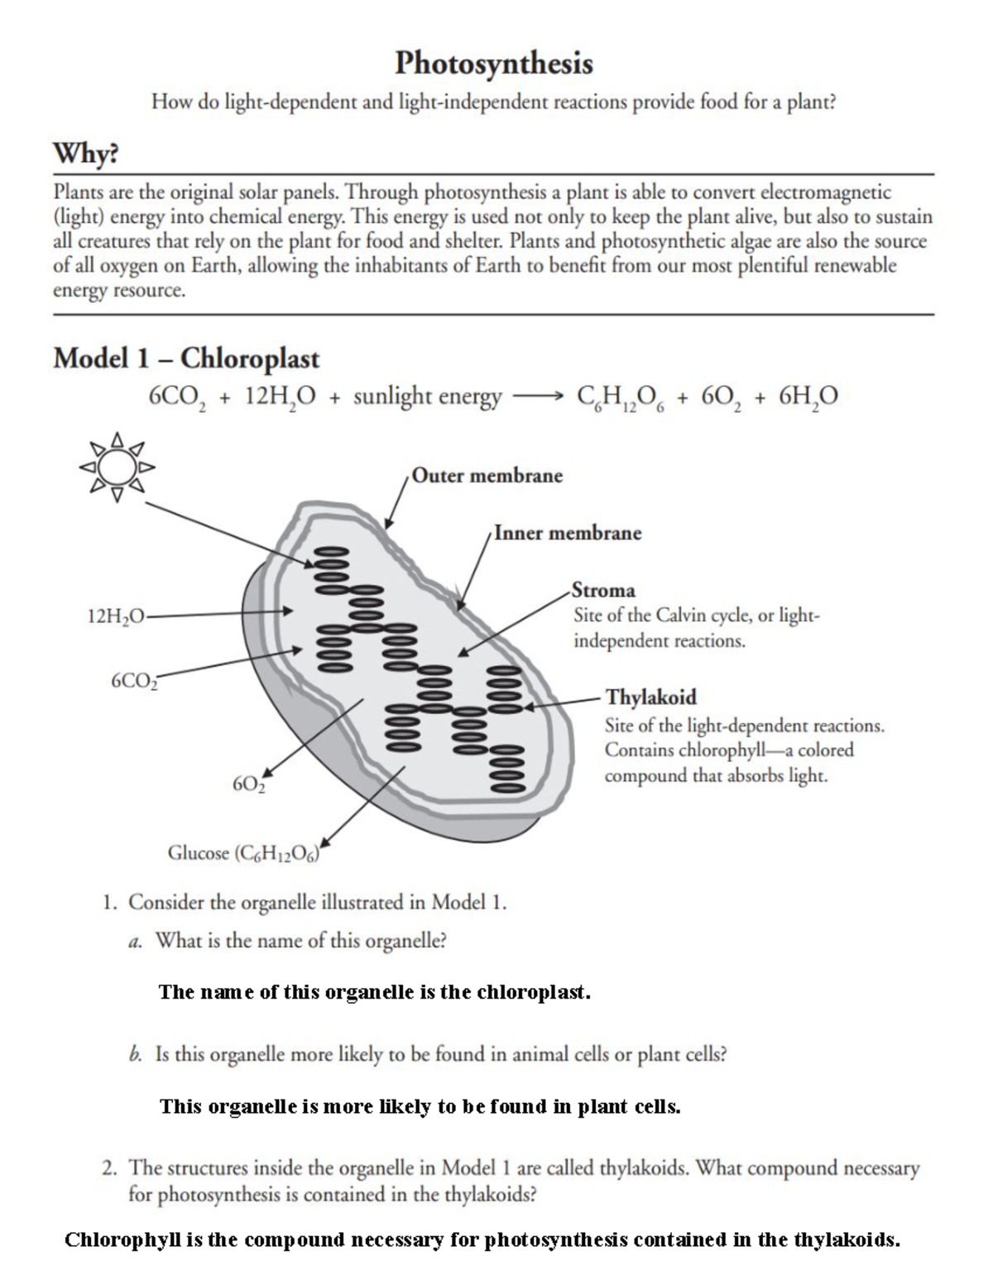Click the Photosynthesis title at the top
(494, 64)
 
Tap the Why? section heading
(86, 154)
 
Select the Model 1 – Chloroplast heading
(186, 358)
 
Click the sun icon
(117, 468)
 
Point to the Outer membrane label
(487, 476)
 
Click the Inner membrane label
(568, 533)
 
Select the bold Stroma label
(604, 591)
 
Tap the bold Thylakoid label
(650, 697)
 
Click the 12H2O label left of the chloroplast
(115, 616)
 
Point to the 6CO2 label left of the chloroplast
(132, 681)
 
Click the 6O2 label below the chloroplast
(248, 784)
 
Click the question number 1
(108, 902)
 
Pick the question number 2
(108, 1168)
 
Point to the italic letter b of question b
(134, 1055)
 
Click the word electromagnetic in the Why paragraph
(826, 193)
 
